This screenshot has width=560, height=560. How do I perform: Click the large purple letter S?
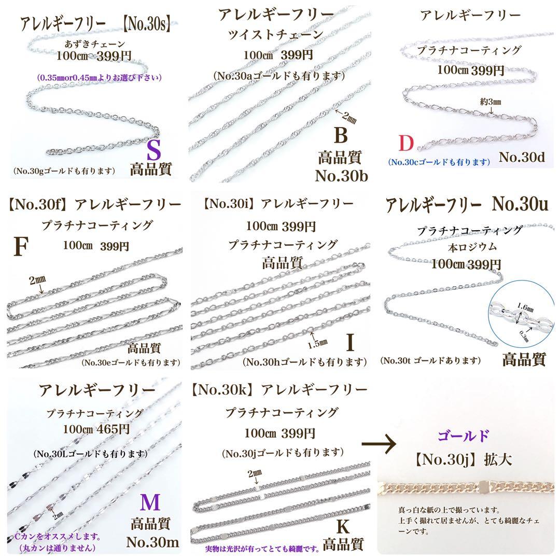click(x=153, y=150)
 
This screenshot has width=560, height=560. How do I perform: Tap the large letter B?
click(x=341, y=135)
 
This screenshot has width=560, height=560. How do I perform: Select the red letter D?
click(x=406, y=143)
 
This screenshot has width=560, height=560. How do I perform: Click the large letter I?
click(x=351, y=342)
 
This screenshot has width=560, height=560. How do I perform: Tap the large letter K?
click(x=343, y=526)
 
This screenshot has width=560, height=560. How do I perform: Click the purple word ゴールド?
click(x=463, y=436)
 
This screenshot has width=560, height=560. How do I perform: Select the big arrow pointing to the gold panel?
click(x=379, y=444)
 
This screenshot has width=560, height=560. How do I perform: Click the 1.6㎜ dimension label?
click(x=525, y=307)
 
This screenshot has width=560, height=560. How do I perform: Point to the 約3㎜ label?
click(x=491, y=102)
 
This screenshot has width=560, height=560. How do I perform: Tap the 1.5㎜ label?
click(x=317, y=344)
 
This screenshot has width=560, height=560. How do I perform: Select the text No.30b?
click(x=341, y=176)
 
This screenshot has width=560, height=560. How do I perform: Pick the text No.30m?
click(x=152, y=542)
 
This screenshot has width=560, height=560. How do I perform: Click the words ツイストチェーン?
click(x=276, y=34)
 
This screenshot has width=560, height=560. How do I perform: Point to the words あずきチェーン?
click(x=95, y=44)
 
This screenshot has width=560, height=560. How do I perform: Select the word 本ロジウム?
click(x=472, y=247)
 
